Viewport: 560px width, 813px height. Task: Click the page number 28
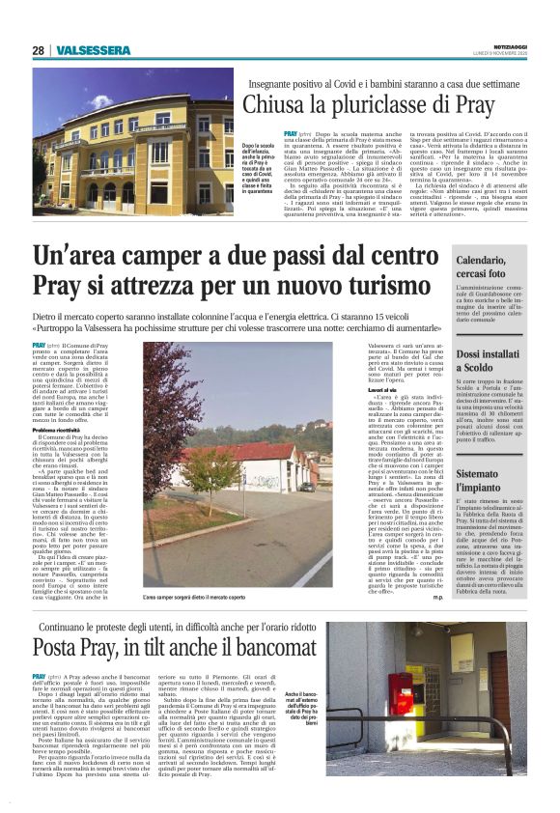click(x=38, y=49)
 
